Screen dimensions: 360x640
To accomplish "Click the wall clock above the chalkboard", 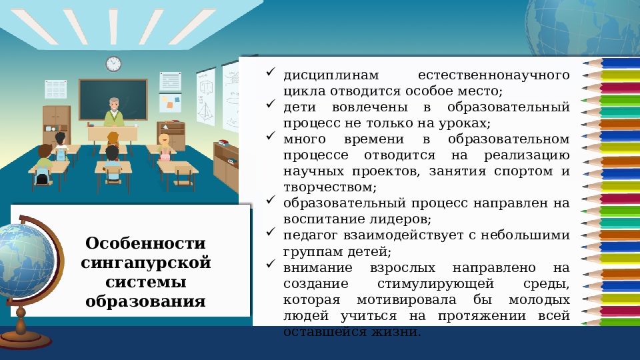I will click(113, 64).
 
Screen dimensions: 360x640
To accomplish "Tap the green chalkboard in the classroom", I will click(113, 99).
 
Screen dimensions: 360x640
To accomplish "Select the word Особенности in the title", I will click(145, 243).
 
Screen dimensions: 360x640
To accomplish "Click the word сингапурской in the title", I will click(145, 262).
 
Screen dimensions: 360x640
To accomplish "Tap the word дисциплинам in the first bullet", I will click(322, 75).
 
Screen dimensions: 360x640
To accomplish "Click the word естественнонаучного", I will click(493, 75).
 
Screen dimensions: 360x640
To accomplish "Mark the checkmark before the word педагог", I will click(271, 233).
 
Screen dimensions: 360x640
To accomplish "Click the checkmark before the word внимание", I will click(271, 265).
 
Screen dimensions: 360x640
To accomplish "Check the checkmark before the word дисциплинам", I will click(271, 72).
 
